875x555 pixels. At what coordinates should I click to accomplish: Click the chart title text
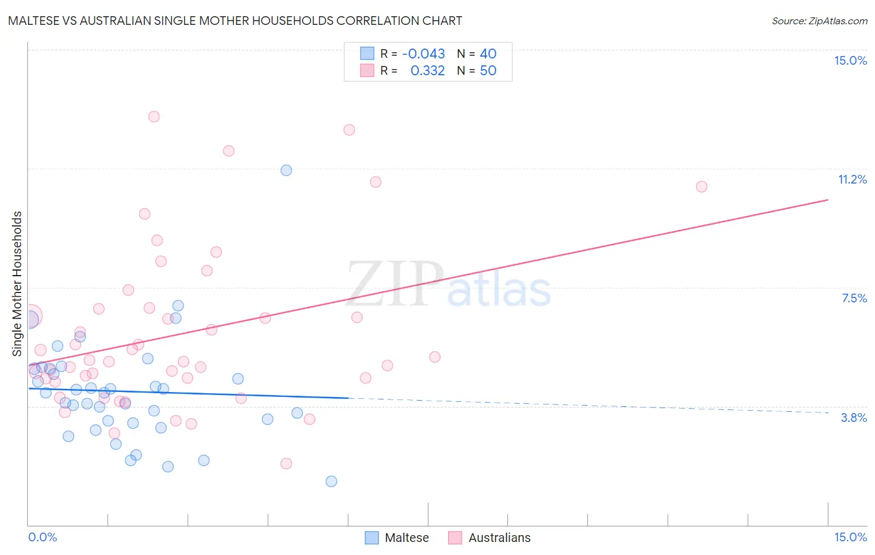235,21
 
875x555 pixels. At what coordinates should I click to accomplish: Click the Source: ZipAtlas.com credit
819,21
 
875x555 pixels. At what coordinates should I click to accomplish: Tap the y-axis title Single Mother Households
17,284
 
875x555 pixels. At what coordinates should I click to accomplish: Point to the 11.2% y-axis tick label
852,179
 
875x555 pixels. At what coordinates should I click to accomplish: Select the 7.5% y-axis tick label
854,298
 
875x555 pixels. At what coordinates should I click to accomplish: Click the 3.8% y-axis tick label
854,417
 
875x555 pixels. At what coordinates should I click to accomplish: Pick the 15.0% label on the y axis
850,60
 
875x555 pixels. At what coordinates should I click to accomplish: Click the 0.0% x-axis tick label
43,537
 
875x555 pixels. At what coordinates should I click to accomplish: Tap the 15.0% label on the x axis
850,537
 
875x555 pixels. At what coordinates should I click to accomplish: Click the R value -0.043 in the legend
423,54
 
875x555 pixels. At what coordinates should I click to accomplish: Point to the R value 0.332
428,71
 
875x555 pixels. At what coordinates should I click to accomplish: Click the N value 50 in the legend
488,71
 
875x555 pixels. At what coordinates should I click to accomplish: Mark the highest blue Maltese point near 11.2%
286,170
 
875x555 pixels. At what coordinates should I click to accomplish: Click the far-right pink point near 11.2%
701,187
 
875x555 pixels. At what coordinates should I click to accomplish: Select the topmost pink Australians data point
154,116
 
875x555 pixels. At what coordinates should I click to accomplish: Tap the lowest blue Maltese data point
331,481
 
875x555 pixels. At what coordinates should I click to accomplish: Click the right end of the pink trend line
828,200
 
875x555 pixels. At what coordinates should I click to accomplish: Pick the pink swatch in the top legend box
367,70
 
